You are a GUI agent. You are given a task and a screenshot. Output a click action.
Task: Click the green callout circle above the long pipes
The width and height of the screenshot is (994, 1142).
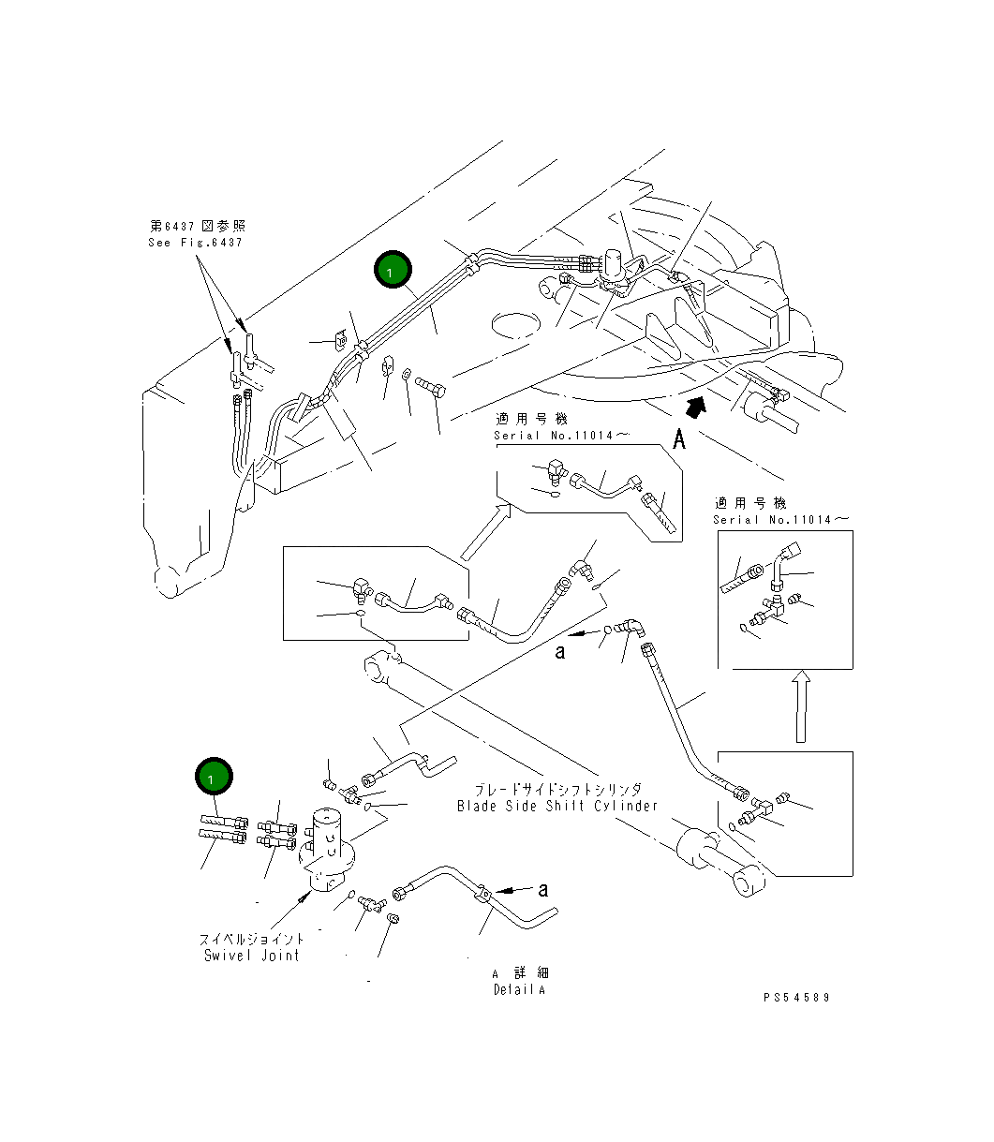(x=393, y=269)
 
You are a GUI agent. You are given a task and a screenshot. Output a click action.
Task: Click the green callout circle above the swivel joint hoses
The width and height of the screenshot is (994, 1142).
(x=214, y=776)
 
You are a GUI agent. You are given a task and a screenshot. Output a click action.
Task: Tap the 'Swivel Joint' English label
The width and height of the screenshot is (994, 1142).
(x=252, y=955)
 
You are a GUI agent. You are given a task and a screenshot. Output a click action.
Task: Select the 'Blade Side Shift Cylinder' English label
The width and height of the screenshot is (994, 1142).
(x=557, y=806)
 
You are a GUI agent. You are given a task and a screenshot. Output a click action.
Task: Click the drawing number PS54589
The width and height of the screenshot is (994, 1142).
(x=796, y=998)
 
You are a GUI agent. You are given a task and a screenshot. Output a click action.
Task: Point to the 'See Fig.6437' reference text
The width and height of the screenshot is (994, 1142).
(x=196, y=243)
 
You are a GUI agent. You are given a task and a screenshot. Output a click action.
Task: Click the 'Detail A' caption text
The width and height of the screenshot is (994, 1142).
(x=519, y=989)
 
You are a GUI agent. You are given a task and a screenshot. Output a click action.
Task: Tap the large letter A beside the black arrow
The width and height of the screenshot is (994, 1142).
(x=678, y=439)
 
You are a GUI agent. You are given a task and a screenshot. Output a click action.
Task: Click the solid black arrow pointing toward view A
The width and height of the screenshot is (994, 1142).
(x=695, y=407)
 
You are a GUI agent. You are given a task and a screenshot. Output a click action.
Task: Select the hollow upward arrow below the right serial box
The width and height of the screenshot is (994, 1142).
(x=801, y=706)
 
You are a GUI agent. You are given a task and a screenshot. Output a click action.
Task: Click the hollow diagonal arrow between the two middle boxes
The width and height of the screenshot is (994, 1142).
(x=485, y=531)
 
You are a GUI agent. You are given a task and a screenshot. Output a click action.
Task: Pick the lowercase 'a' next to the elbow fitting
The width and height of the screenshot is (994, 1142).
(x=560, y=652)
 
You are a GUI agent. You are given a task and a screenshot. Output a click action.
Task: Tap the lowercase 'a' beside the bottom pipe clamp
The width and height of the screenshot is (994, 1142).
(x=543, y=890)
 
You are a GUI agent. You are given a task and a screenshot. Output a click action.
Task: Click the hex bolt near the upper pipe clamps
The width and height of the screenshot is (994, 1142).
(x=430, y=386)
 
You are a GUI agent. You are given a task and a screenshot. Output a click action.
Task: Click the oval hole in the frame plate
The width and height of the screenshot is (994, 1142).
(x=515, y=325)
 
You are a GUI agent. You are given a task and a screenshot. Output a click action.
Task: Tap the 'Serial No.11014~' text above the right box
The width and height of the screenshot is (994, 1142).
(x=780, y=520)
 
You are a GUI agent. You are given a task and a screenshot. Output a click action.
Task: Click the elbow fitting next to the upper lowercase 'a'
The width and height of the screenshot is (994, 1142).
(x=631, y=628)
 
